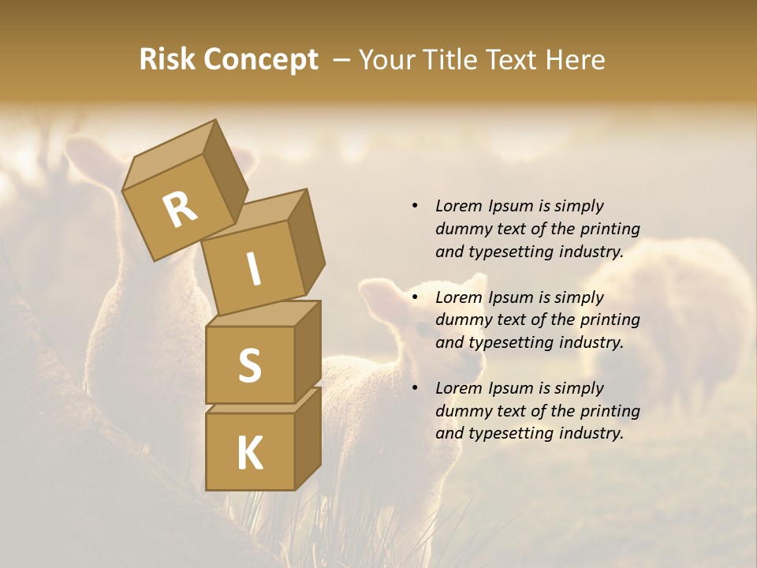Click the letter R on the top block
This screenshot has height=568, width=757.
click(x=180, y=209)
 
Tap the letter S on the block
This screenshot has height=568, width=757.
click(x=249, y=365)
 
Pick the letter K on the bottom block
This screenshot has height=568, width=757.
click(x=249, y=453)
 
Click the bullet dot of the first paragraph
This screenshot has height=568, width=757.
click(x=415, y=207)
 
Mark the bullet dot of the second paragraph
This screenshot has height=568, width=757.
click(x=415, y=298)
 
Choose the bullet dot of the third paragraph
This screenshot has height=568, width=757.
click(x=415, y=389)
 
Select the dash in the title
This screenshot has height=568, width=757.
click(x=341, y=60)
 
